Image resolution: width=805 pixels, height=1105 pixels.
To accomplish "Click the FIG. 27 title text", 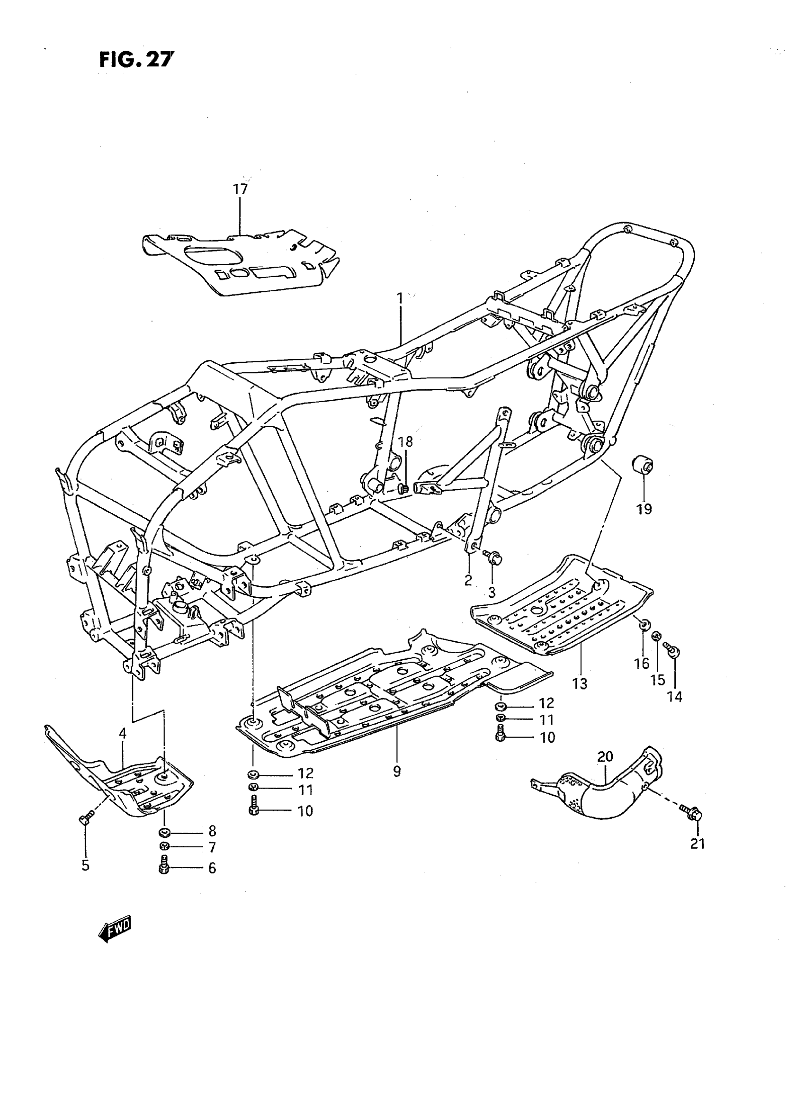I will (x=136, y=60).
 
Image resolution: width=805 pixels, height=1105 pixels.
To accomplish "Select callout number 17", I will (x=240, y=189).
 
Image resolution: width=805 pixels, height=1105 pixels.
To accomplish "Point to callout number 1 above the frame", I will (x=400, y=297).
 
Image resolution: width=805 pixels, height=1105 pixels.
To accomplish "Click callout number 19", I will (x=644, y=509).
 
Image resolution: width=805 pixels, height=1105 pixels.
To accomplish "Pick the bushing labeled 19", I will (x=643, y=464).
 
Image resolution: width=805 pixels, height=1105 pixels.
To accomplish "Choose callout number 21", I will (x=698, y=844).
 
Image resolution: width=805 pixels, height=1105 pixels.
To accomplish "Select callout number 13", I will (x=580, y=684).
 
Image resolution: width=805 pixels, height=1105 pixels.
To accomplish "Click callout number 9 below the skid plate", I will (x=397, y=772).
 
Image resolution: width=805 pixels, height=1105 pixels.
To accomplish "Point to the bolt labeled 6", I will (x=163, y=868).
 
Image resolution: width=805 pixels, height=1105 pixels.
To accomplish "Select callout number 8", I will (x=212, y=831).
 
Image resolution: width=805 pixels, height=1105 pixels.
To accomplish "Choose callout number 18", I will (x=405, y=442).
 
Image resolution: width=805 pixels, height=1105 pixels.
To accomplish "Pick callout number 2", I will (x=468, y=580).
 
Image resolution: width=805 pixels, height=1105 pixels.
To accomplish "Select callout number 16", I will (x=642, y=663).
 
